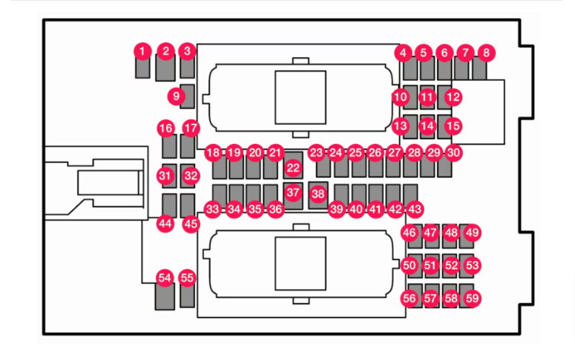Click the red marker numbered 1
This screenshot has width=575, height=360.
click(x=142, y=51)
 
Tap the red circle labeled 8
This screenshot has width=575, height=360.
click(x=486, y=53)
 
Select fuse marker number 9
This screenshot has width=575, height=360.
click(x=177, y=97)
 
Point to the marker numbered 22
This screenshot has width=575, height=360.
click(x=293, y=168)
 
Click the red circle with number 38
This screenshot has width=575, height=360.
click(x=318, y=193)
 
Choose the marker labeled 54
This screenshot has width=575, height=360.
click(x=165, y=278)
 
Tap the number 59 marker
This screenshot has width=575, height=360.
click(x=472, y=298)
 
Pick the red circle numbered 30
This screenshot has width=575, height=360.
click(x=453, y=152)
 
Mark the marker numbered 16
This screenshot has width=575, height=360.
click(x=166, y=129)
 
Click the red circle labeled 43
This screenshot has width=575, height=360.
click(x=415, y=209)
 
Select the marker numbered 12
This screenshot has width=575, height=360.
click(x=453, y=97)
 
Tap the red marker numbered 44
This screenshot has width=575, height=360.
click(x=165, y=224)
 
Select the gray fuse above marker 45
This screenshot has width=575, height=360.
click(x=188, y=205)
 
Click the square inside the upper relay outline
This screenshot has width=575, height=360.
click(x=301, y=97)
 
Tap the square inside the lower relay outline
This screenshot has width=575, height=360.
click(x=301, y=263)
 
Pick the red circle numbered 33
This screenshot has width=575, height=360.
click(x=212, y=209)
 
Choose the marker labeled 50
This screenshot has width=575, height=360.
click(x=409, y=265)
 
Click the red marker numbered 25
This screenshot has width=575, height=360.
click(x=355, y=152)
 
